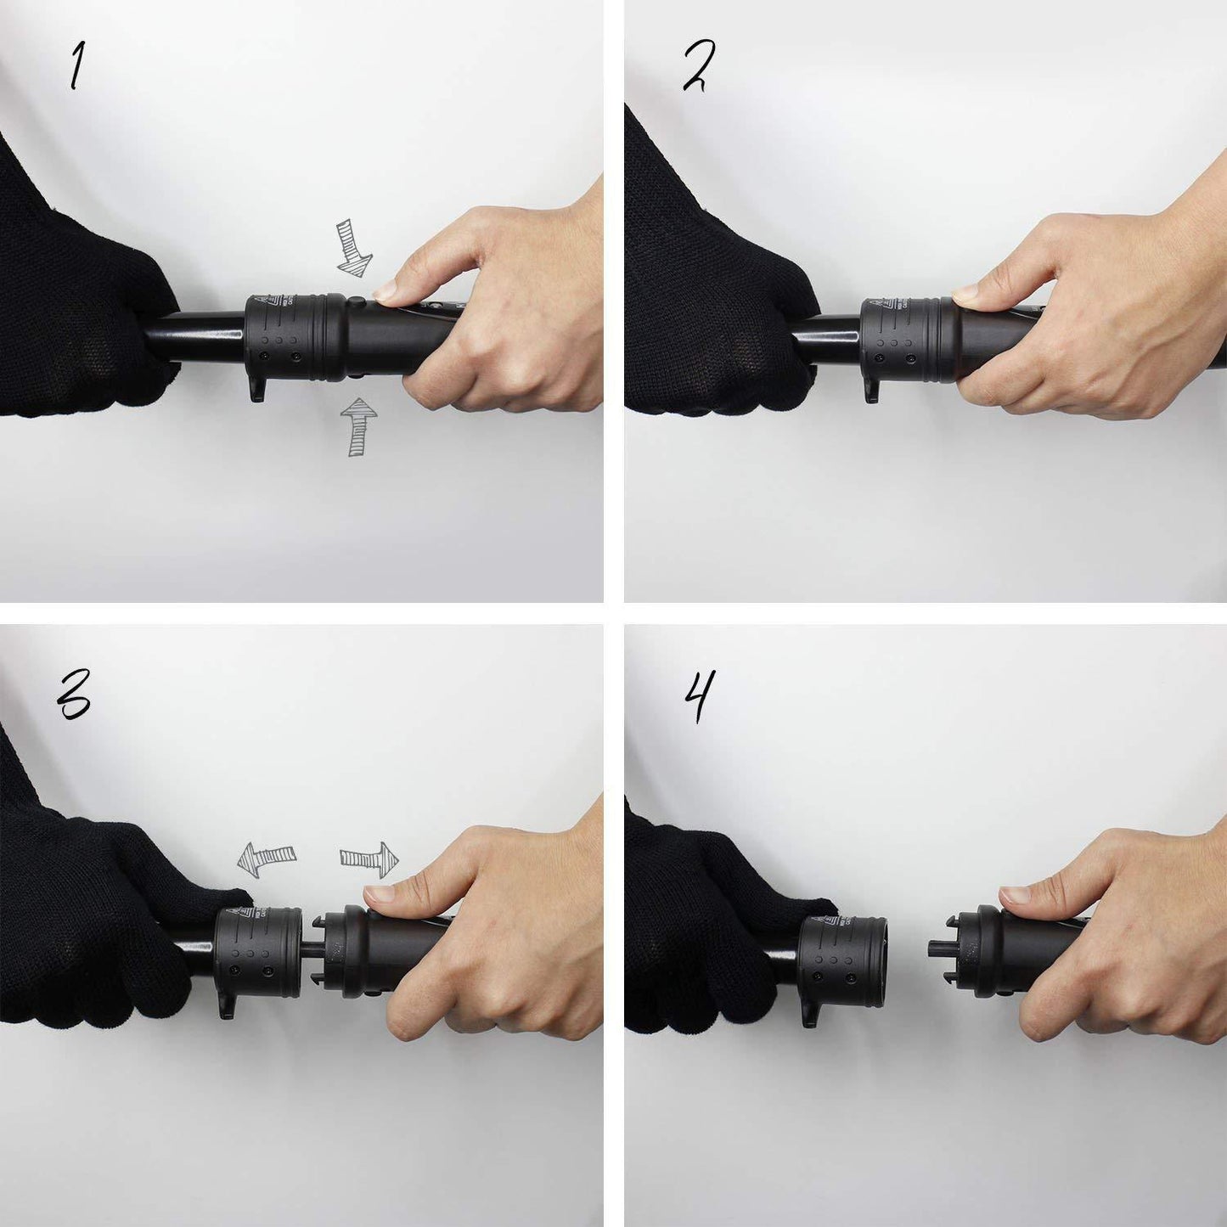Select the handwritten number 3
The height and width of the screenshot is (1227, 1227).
pyautogui.click(x=74, y=695)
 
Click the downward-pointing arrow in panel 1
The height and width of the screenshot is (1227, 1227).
pyautogui.click(x=352, y=247)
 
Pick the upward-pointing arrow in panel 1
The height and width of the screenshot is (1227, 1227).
pyautogui.click(x=358, y=425)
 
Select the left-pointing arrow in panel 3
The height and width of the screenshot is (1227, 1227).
pyautogui.click(x=266, y=858)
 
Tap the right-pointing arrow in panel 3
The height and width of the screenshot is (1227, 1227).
pyautogui.click(x=370, y=858)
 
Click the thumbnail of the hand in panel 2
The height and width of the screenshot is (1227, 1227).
pyautogui.click(x=966, y=295)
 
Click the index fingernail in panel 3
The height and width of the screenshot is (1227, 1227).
pyautogui.click(x=378, y=893)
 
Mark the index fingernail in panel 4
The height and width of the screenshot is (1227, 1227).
pyautogui.click(x=1015, y=894)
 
